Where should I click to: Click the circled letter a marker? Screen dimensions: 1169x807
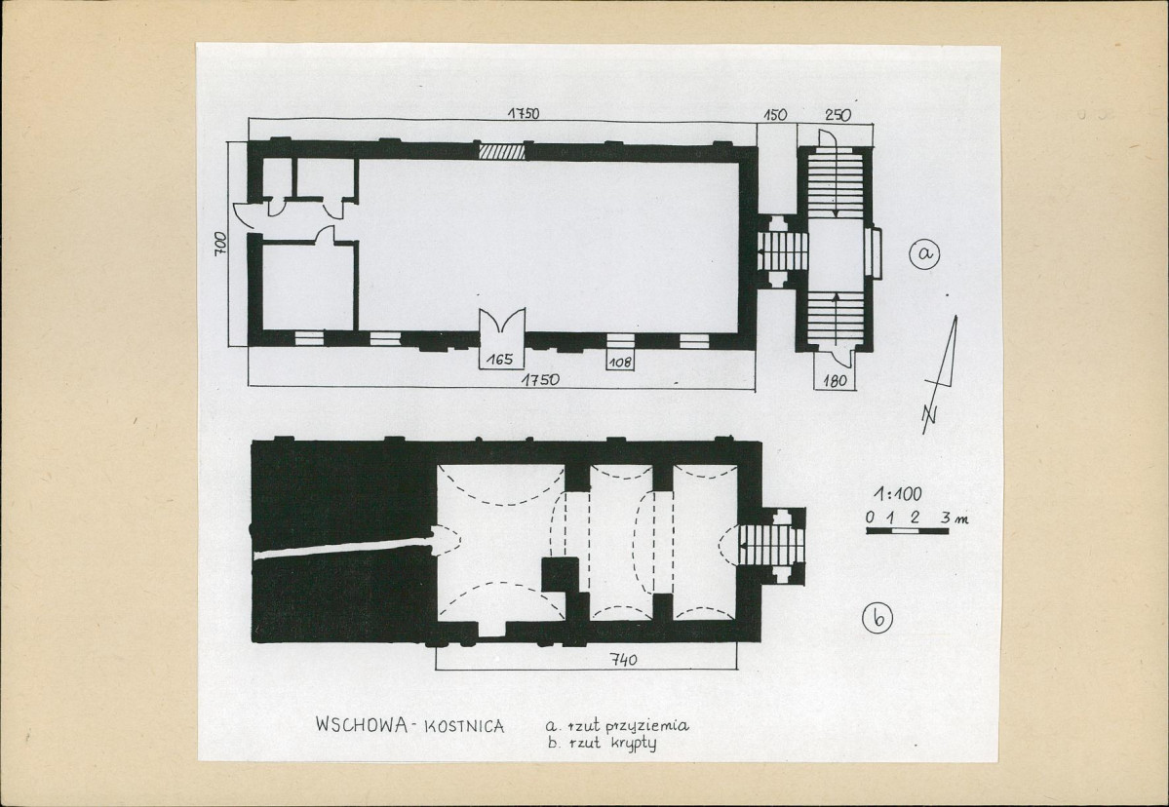(924, 254)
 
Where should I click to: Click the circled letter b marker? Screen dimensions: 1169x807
(877, 619)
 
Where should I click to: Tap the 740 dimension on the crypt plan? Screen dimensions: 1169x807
(623, 660)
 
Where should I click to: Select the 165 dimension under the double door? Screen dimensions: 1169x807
(499, 360)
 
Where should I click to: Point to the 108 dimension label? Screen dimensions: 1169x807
(620, 363)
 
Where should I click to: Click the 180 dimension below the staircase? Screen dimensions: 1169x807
(835, 381)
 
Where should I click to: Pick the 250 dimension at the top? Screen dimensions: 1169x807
(838, 116)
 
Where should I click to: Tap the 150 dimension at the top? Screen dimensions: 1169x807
(775, 116)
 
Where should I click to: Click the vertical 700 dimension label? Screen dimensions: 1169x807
(220, 245)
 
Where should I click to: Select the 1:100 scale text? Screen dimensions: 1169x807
(898, 493)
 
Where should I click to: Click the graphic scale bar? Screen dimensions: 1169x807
(908, 531)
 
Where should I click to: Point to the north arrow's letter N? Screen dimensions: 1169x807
(930, 418)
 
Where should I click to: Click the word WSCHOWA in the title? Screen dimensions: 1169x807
(362, 724)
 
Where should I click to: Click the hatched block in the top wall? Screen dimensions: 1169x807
(501, 151)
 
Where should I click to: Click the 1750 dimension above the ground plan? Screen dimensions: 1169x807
(524, 114)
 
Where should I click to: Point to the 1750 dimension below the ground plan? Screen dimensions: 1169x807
(540, 380)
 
